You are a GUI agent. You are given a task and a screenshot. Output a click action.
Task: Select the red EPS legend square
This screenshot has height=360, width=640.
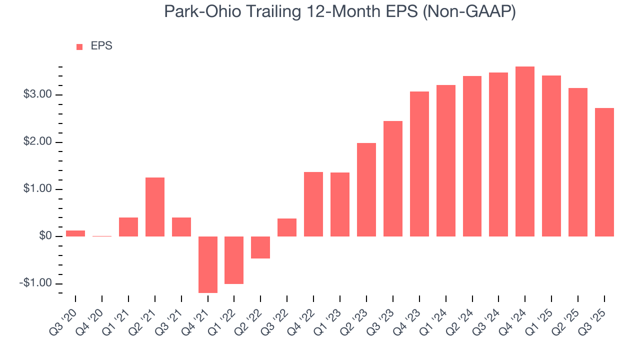pos(79,47)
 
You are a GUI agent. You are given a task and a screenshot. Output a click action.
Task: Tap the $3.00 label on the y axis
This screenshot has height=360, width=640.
pos(37,95)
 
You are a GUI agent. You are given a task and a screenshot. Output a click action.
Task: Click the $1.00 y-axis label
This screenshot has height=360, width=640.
pos(37,189)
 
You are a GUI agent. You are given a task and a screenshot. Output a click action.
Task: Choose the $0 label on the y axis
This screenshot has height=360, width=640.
pos(44,236)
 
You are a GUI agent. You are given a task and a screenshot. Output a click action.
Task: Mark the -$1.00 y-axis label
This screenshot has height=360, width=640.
pos(36,283)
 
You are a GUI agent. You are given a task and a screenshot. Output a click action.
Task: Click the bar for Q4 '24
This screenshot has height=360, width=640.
pos(525,151)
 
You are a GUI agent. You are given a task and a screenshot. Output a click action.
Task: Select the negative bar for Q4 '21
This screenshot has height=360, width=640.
pos(208,264)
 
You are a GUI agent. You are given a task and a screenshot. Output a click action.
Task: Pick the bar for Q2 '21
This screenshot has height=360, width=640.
pos(155,207)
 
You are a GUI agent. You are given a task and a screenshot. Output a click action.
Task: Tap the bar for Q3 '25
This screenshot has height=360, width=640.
pos(604,172)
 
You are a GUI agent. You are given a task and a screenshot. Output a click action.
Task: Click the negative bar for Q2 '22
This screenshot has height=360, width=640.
pos(260,247)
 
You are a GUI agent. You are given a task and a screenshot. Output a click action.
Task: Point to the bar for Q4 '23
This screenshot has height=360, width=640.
pos(419,164)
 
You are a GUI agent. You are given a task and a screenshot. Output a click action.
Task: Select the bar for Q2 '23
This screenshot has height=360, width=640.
pos(366,190)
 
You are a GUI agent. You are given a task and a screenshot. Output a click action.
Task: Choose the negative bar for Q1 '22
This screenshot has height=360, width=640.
pos(234,260)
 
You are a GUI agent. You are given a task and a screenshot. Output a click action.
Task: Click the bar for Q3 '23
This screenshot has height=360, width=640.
pos(393,179)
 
